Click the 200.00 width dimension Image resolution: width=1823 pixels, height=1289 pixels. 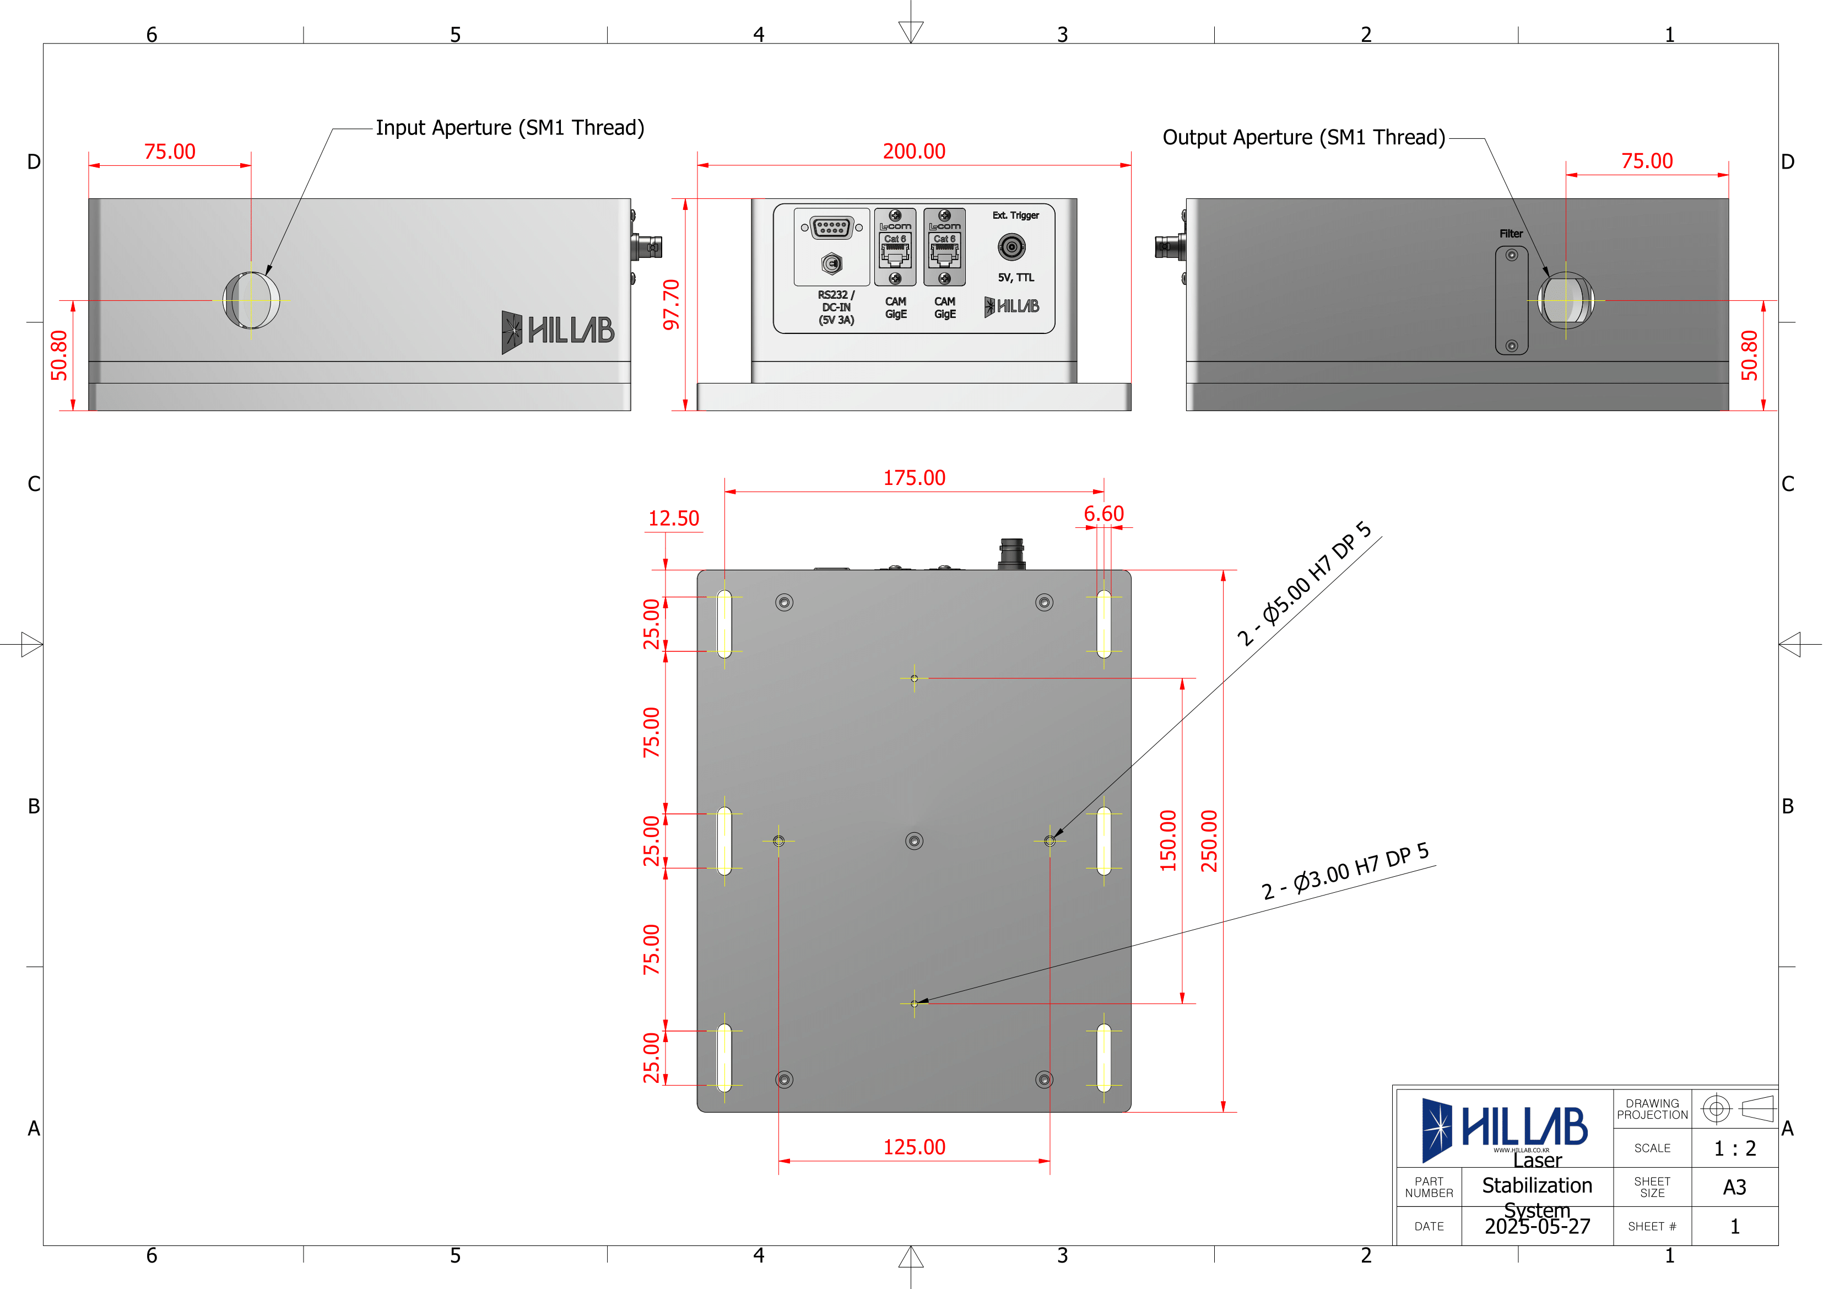point(914,151)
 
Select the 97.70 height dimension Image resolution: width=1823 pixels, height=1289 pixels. point(672,304)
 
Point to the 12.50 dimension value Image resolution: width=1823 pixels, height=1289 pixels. point(673,519)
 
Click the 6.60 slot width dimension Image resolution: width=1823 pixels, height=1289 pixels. point(1103,514)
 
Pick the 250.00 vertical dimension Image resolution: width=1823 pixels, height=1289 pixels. point(1209,840)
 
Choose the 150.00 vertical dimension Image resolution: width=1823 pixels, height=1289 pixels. point(1168,840)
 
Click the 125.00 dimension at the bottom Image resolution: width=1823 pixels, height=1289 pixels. point(914,1147)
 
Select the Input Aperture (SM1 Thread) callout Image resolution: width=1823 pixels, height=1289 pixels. point(510,128)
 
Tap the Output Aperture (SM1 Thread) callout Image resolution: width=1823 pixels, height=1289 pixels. point(1303,137)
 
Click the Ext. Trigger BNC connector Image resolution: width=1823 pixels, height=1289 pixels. point(1011,247)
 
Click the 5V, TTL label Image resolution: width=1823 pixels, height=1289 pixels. point(1015,277)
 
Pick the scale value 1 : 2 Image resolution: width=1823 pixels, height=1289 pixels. point(1734,1148)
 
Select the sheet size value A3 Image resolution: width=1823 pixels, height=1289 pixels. point(1734,1188)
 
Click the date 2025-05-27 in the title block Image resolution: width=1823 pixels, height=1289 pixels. point(1537,1226)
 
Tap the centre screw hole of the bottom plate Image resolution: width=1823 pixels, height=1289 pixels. point(914,840)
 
